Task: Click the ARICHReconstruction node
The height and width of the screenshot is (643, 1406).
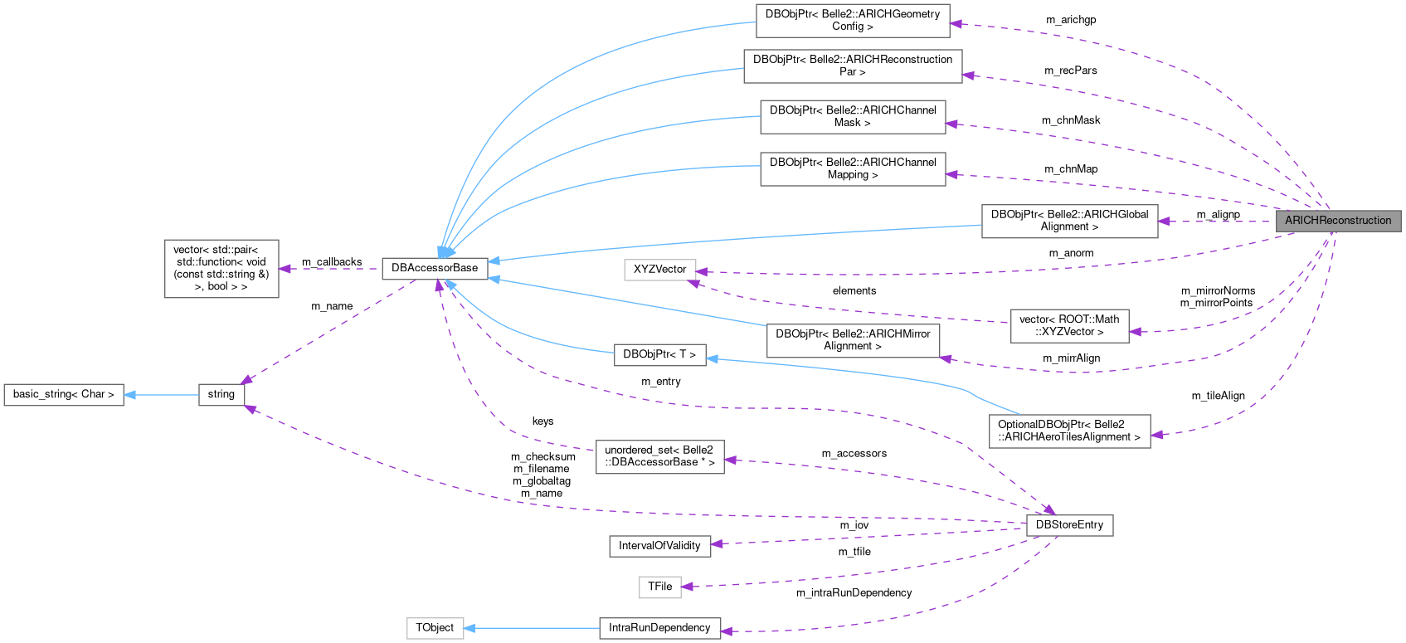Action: (x=1338, y=221)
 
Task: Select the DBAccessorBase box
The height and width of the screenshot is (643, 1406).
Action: (x=435, y=268)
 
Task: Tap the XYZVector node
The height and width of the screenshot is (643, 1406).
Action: (x=659, y=270)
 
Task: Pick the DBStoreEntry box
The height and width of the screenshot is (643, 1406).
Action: (x=1069, y=525)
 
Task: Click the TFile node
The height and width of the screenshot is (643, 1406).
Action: (x=659, y=587)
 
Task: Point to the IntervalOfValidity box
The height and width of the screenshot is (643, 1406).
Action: (x=659, y=546)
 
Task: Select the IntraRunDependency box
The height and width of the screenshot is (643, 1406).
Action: (x=659, y=628)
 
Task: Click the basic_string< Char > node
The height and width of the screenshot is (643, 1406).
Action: (x=64, y=394)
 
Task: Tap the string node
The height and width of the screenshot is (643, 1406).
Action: (x=221, y=394)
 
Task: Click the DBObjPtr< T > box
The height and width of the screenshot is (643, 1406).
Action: (x=659, y=354)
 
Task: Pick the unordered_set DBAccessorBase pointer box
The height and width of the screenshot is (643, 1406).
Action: (x=659, y=456)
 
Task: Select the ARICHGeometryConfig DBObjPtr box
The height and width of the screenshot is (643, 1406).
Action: (x=853, y=20)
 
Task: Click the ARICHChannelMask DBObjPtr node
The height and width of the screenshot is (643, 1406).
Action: (x=853, y=116)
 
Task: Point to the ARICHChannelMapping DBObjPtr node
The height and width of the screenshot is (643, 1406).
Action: (x=853, y=168)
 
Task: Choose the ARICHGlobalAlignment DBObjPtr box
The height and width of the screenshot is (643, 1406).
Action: (x=1069, y=221)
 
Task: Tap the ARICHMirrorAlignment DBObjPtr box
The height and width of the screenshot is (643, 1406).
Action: (x=853, y=340)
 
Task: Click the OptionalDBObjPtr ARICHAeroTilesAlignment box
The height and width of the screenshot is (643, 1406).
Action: (x=1069, y=431)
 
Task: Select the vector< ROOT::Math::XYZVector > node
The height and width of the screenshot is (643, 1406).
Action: (x=1069, y=325)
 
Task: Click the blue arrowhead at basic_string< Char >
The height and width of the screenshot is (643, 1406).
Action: (x=130, y=394)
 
